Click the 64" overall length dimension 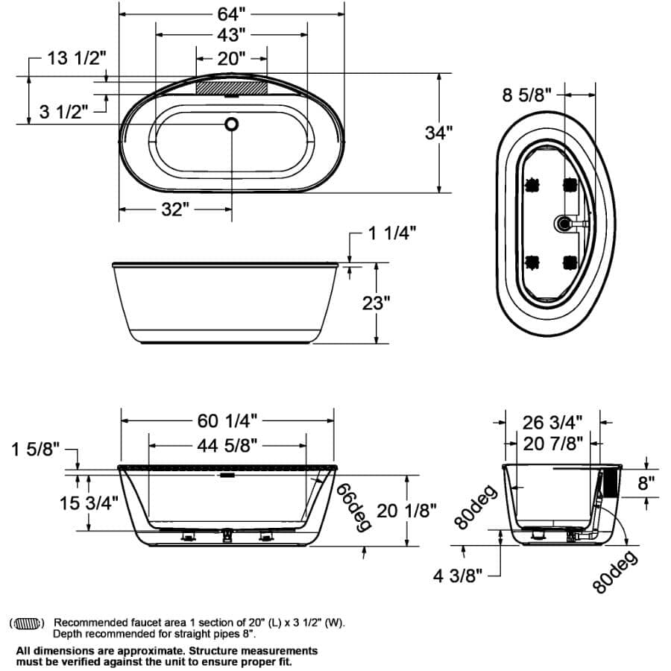pos(231,13)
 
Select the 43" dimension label pos(232,35)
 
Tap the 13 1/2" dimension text pos(77,58)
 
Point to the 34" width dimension pos(439,133)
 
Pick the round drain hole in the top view pos(232,124)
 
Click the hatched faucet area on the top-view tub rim pos(231,86)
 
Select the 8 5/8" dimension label pos(527,95)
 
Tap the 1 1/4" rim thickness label pos(391,233)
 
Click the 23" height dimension pos(377,303)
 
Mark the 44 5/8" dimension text pos(227,446)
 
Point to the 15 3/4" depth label pos(89,503)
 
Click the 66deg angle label pos(353,506)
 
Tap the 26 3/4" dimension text pos(552,422)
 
